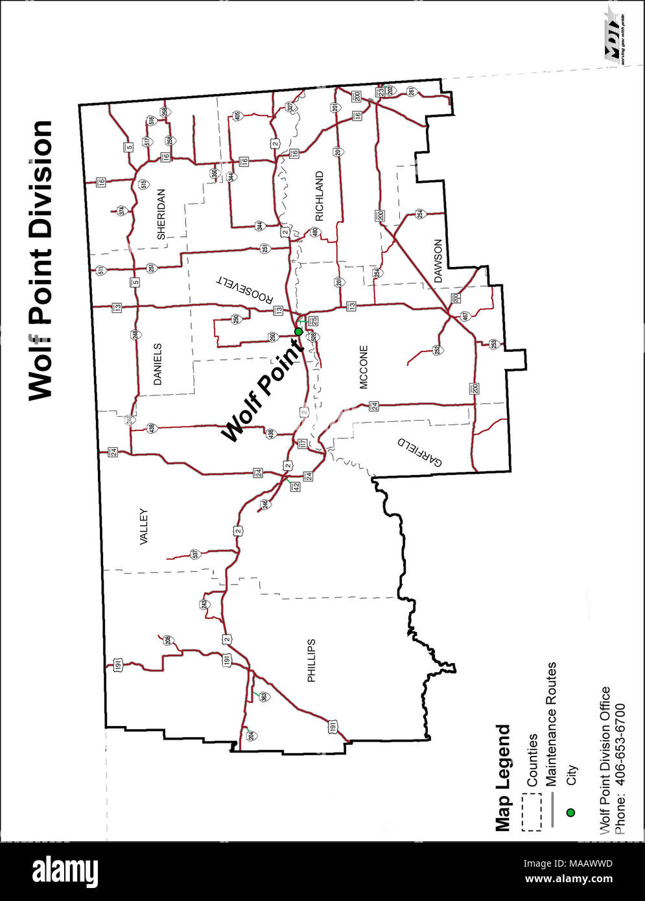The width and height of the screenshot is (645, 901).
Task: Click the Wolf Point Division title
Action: (40, 259)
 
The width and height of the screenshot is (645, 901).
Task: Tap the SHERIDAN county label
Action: (161, 215)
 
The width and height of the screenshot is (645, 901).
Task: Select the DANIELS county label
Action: (159, 364)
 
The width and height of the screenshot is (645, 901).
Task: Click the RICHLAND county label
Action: (319, 196)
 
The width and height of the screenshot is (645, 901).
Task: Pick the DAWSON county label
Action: (438, 261)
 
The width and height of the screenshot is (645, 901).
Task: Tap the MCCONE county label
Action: (364, 367)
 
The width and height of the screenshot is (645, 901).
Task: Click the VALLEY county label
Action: (143, 526)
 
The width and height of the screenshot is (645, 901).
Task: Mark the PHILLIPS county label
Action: (312, 661)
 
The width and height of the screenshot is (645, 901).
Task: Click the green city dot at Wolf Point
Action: (298, 332)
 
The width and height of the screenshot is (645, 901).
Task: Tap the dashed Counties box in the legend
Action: (532, 813)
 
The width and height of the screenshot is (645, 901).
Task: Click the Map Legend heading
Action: (502, 778)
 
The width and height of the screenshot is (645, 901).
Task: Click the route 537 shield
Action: (194, 554)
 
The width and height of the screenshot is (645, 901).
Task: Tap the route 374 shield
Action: (121, 211)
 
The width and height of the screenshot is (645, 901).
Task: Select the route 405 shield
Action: (237, 116)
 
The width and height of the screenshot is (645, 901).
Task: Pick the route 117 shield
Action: (302, 444)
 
